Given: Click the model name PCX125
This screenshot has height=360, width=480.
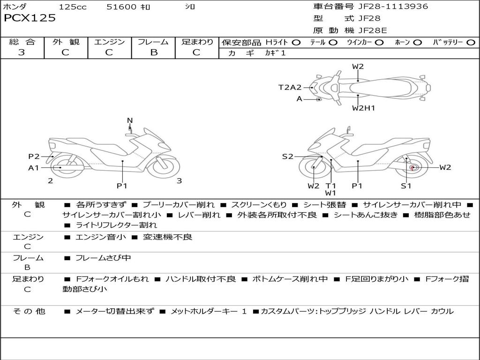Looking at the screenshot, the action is point(30,18).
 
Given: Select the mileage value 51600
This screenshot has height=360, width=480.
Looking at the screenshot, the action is point(121,7).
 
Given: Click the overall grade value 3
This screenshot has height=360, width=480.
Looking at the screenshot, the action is point(22,52).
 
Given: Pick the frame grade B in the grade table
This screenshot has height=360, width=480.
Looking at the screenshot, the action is point(153,52).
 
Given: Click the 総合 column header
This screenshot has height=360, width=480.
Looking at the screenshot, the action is point(22,42).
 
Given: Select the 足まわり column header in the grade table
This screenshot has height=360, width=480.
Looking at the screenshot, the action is point(197,42).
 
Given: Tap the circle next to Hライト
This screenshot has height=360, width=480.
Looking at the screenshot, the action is point(296,43).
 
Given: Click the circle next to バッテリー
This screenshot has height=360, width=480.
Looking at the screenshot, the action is point(471,43).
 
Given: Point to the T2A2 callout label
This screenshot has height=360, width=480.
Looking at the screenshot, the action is point(290,87).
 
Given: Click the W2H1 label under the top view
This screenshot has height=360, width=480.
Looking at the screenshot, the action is point(364,108).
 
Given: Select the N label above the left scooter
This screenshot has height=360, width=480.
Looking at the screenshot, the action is point(130,121).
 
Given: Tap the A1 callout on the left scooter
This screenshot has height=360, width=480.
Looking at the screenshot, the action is point(34,168).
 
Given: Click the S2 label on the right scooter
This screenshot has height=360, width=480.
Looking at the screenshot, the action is point(287,157).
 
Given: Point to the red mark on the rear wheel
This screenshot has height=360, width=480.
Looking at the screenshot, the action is point(412,167).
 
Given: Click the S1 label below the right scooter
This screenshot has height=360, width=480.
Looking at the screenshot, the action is point(406,186).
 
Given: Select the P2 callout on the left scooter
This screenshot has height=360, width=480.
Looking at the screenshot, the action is point(34,157).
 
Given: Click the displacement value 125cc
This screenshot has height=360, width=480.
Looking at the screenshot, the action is point(73,7).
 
